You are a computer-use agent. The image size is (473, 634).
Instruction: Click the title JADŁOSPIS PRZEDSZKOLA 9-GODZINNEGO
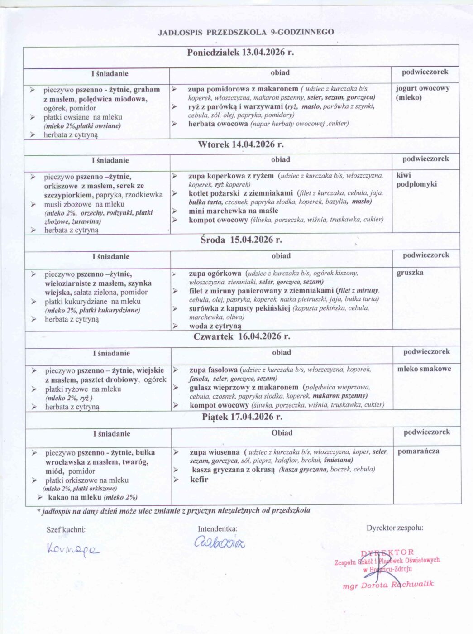246,32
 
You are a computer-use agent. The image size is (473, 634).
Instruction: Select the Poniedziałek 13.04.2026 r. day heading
240,52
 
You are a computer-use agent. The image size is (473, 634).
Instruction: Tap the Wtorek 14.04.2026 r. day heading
241,144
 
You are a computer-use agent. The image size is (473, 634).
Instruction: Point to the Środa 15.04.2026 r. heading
241,240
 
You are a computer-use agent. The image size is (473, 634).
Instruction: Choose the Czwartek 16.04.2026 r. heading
242,336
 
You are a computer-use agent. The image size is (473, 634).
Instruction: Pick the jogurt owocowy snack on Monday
422,88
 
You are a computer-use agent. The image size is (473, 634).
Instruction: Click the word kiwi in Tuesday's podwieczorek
403,175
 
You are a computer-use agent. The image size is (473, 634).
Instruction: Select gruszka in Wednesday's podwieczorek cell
410,273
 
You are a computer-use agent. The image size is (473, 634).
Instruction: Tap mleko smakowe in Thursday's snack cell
424,369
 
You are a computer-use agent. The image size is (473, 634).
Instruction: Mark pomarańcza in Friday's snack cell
418,451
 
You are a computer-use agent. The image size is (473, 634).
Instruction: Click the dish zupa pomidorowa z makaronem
243,89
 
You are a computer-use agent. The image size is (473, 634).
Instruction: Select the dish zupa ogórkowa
215,273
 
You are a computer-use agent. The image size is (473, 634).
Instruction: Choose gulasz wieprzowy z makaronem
244,387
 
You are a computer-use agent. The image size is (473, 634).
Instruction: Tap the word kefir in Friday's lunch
199,479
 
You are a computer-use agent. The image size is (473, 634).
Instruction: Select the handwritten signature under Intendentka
220,542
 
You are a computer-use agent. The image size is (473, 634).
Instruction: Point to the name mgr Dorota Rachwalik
388,585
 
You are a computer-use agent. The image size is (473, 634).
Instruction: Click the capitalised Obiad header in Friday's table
282,433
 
